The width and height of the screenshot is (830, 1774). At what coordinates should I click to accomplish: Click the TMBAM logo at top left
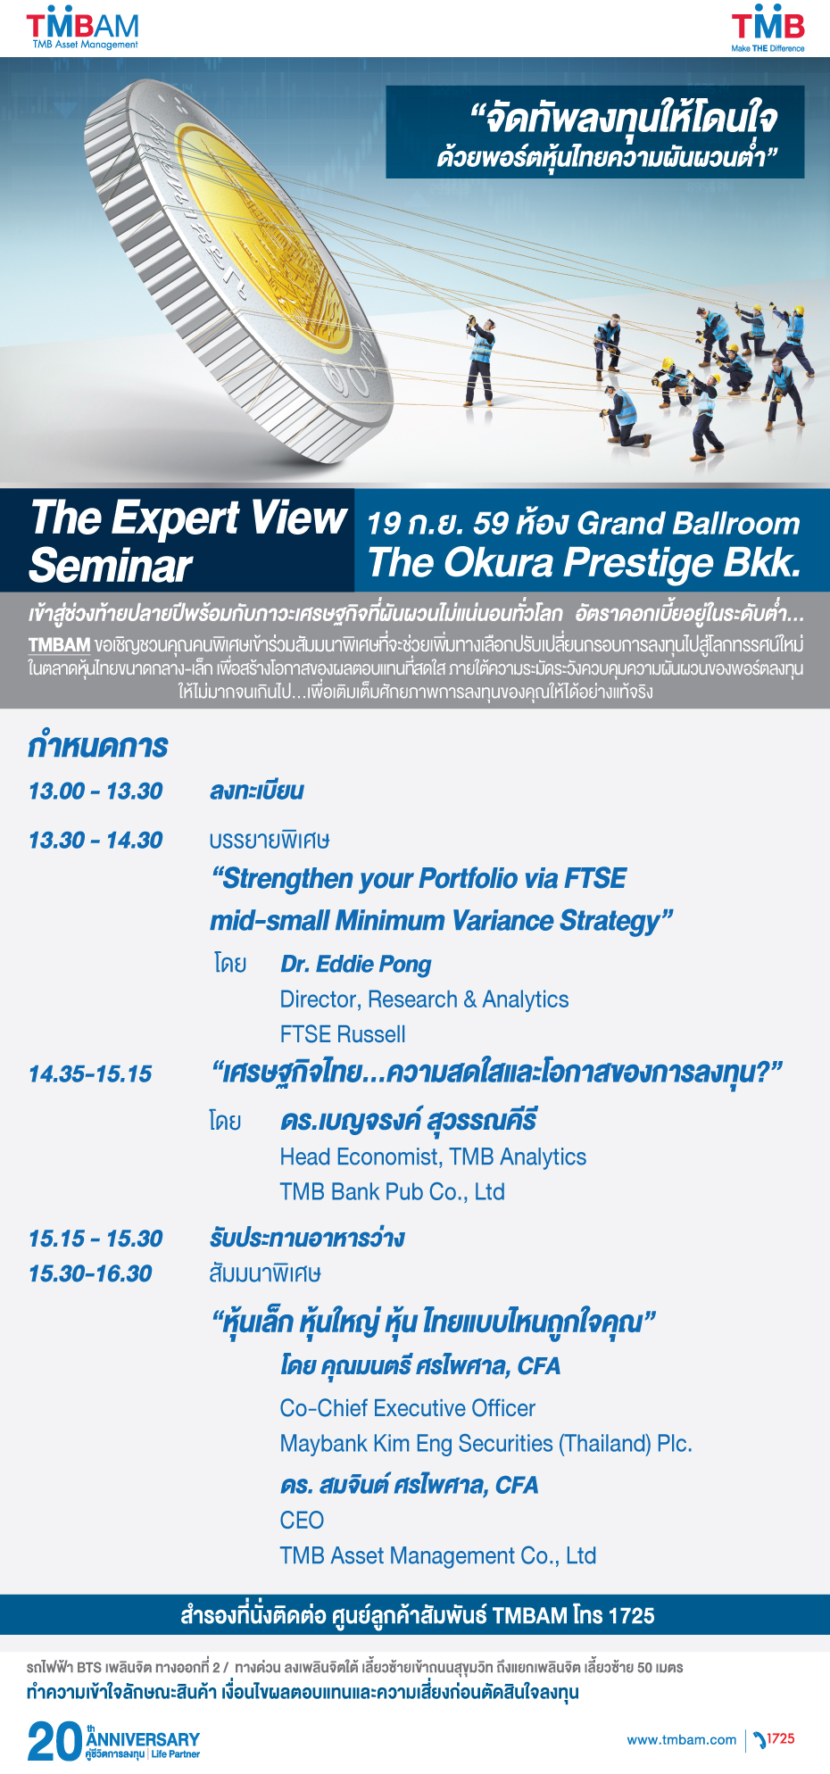pos(82,29)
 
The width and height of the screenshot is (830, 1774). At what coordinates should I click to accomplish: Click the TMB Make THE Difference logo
pos(768,29)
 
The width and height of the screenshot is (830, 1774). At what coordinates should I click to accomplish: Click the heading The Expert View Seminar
pos(187,541)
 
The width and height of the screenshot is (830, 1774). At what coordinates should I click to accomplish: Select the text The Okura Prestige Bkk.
pos(585,562)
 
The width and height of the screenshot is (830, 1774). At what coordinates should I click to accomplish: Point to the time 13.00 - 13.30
pos(95,791)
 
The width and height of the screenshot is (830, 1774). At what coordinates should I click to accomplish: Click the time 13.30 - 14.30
pos(95,840)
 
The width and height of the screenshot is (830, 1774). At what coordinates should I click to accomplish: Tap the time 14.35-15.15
pos(90,1074)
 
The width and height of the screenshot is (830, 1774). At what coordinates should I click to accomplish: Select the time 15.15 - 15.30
pos(95,1239)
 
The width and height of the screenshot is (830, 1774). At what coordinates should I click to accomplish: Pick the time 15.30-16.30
pos(90,1273)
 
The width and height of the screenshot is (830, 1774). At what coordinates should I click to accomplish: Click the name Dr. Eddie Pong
pos(355,965)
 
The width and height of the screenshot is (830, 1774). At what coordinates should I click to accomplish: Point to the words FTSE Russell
pos(343,1034)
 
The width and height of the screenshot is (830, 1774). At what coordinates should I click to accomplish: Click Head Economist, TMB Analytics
pos(433,1157)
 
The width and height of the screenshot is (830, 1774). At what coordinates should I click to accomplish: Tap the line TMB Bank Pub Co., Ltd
pos(393,1192)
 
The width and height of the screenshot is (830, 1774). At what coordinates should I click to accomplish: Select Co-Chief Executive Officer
pos(408,1408)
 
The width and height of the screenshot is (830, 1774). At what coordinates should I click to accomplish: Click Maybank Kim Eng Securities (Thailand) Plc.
pos(486,1444)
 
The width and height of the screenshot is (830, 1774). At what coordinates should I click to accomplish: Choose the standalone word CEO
pos(302,1521)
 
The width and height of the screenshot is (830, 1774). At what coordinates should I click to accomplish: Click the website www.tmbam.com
pos(682,1739)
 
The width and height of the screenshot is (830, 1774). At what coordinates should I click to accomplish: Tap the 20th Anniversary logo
pos(113,1741)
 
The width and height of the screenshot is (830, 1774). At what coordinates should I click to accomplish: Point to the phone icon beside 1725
pos(759,1739)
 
